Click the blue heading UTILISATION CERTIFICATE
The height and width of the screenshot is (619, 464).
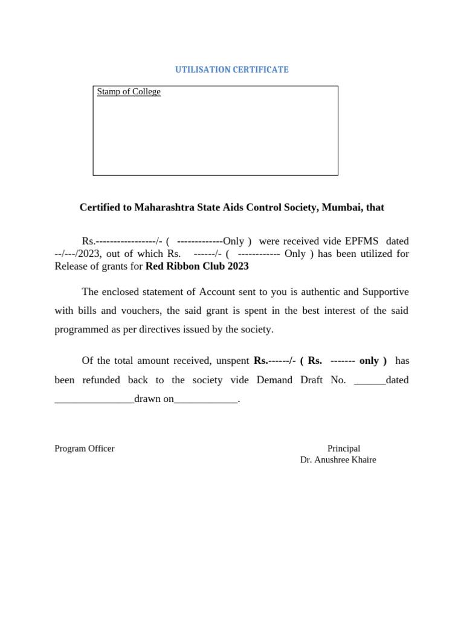[231, 70]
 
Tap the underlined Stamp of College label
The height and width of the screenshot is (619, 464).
[129, 92]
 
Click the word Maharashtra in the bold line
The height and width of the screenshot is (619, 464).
[164, 207]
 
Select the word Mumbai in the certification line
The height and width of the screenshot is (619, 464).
[341, 207]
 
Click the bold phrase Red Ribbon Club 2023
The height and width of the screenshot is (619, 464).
[197, 266]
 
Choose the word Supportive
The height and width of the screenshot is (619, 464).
[385, 292]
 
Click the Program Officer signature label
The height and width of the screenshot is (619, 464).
[85, 449]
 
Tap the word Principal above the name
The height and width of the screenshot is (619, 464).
[344, 449]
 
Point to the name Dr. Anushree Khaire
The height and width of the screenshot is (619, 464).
[338, 460]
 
